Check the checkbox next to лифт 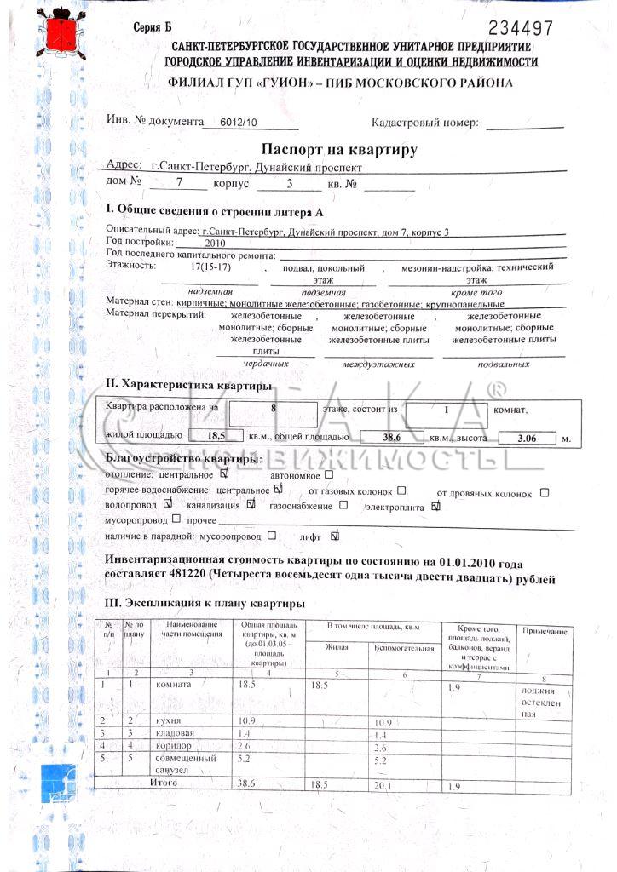pyautogui.click(x=334, y=536)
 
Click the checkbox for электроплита pyautogui.click(x=435, y=506)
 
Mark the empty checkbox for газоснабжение pyautogui.click(x=343, y=505)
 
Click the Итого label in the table pyautogui.click(x=164, y=781)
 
